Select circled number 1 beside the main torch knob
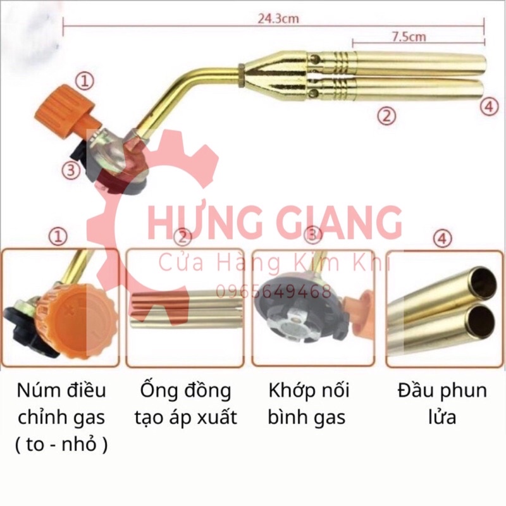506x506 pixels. pos(84,81)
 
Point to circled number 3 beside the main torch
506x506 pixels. pos(71,169)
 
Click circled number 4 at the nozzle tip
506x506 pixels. pos(489,107)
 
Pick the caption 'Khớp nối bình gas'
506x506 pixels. pos(309,404)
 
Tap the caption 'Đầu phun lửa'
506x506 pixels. pos(442,404)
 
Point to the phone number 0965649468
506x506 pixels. pos(274,292)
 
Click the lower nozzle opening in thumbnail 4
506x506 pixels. pos(479,319)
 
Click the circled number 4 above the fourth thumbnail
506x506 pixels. pos(443,238)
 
